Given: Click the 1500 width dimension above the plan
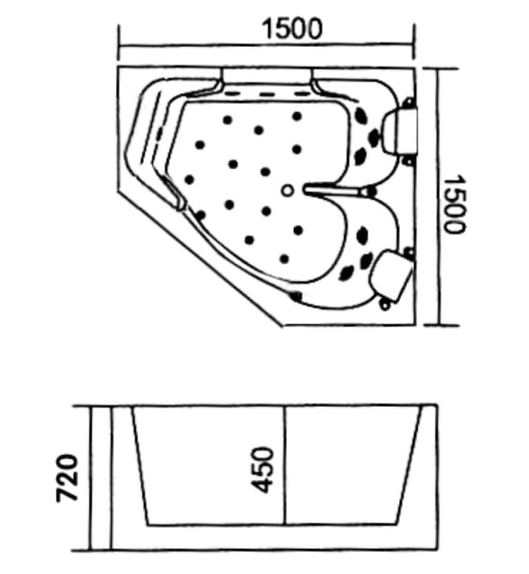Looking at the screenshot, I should tap(291, 29).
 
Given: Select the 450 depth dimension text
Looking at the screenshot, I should tap(262, 469).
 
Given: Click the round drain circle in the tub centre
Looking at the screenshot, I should tap(286, 191).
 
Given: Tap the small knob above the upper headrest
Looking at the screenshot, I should tap(408, 102).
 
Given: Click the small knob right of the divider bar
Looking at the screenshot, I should tap(370, 192).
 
